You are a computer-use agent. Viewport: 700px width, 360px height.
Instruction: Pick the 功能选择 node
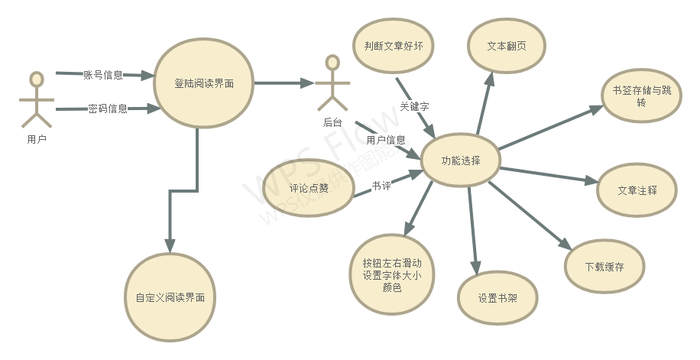pyautogui.click(x=461, y=161)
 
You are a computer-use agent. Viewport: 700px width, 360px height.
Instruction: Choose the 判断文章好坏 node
pyautogui.click(x=394, y=46)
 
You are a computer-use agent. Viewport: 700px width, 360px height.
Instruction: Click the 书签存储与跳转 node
pyautogui.click(x=641, y=96)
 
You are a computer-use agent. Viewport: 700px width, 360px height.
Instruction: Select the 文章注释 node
pyautogui.click(x=637, y=190)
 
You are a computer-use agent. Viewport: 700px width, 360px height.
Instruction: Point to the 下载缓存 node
pyautogui.click(x=604, y=267)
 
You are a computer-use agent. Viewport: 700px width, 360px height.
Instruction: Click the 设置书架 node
pyautogui.click(x=497, y=298)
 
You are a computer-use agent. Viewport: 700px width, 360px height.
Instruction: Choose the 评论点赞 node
pyautogui.click(x=309, y=188)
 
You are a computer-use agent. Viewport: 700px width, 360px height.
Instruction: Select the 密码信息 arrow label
pyautogui.click(x=108, y=109)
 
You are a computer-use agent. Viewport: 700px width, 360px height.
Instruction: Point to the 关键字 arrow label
pyautogui.click(x=414, y=106)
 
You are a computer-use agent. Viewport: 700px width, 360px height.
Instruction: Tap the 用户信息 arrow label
pyautogui.click(x=386, y=140)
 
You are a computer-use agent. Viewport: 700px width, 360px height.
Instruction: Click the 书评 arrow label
pyautogui.click(x=381, y=185)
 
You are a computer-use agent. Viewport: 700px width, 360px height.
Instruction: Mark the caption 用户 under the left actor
pyautogui.click(x=36, y=139)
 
